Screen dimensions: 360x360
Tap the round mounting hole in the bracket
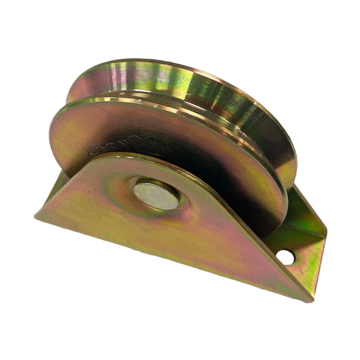coord(285,257)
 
